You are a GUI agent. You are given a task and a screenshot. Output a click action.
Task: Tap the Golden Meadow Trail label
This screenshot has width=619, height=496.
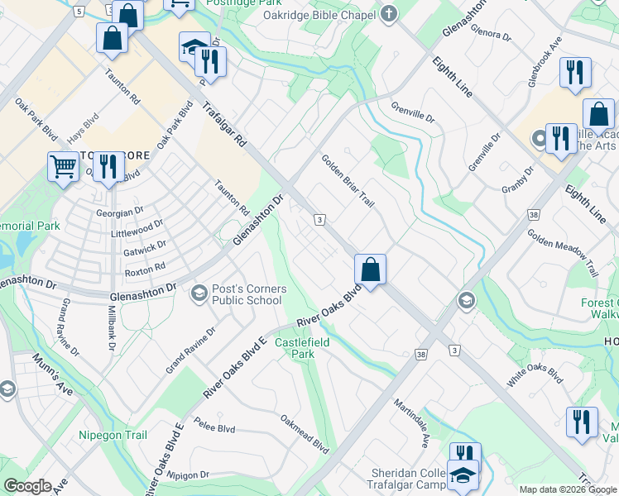click(x=564, y=253)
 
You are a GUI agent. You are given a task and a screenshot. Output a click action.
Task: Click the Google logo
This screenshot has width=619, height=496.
click(x=27, y=487)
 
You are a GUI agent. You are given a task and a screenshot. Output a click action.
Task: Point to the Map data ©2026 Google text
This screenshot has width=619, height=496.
click(x=567, y=489)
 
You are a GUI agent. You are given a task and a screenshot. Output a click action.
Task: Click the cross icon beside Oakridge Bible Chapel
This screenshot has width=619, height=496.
click(x=389, y=13)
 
